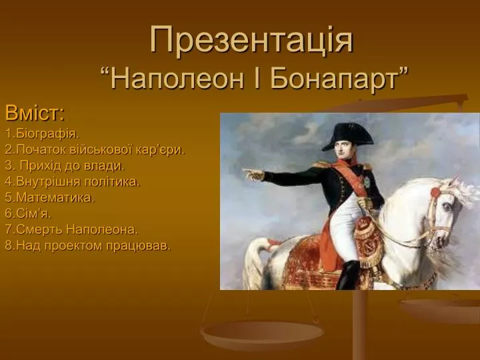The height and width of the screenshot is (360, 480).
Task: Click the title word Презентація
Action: coord(251,41)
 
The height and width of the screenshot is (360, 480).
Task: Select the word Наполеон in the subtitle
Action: coord(177,79)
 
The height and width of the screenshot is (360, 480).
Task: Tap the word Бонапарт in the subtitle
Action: coord(334,79)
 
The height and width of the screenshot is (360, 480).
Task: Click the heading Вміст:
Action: coord(35,113)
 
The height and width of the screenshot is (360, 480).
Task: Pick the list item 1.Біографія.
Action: coord(42,134)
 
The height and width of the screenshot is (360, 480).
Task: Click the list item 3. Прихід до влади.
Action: coord(65,165)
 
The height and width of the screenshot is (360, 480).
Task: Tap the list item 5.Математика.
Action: coord(50,197)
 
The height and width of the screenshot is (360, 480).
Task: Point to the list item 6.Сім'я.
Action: coord(28,213)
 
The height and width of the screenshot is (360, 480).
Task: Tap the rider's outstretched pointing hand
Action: coord(253,174)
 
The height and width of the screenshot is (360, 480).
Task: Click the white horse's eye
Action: coord(447,207)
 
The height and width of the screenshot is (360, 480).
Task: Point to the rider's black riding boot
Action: coord(348,275)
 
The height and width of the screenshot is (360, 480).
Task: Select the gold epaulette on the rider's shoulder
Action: coord(322,165)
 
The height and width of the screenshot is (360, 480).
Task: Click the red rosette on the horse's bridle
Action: coord(435,193)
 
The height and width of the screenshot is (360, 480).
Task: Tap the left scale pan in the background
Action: coord(262,335)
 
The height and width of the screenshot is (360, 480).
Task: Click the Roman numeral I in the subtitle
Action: coord(257,79)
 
